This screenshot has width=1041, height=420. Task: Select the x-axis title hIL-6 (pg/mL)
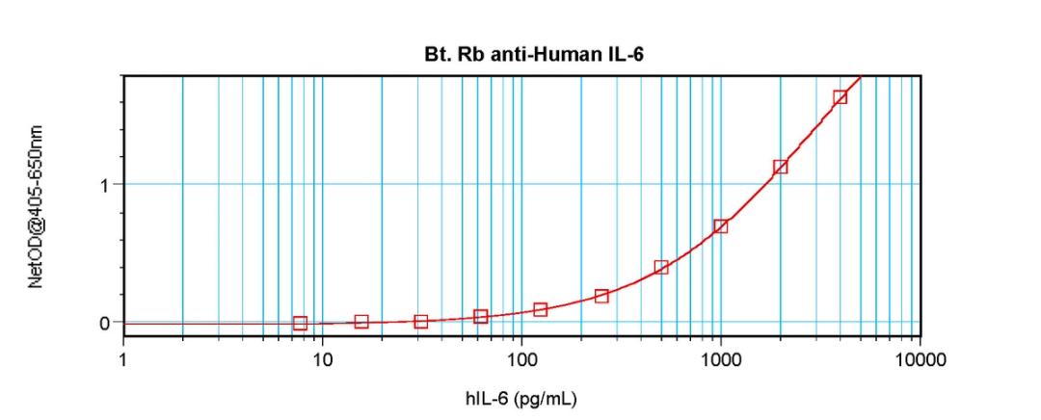(522, 398)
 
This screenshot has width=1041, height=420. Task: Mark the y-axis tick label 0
(104, 323)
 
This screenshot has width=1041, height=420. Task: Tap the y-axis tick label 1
(104, 184)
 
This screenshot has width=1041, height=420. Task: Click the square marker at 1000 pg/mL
(720, 226)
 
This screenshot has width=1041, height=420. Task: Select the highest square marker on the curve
(840, 96)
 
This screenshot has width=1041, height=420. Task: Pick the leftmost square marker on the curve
(300, 324)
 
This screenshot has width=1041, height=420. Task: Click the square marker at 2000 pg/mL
(780, 167)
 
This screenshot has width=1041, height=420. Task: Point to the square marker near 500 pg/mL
(660, 267)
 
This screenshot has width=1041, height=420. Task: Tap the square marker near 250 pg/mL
(601, 296)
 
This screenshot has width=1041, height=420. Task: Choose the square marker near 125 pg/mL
(540, 309)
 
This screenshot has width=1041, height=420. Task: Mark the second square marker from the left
(360, 322)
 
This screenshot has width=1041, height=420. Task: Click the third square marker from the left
(420, 322)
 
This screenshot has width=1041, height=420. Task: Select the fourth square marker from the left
(480, 317)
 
